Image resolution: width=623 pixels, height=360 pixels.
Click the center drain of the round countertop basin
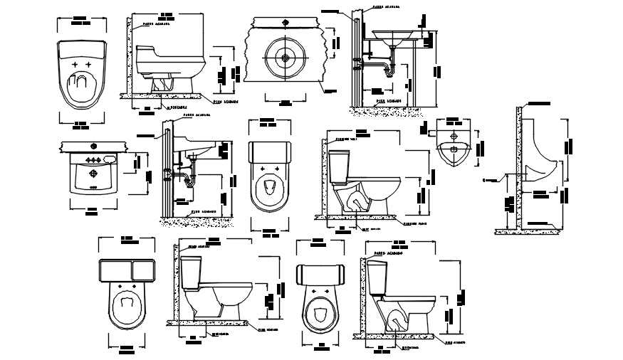tap(285, 57)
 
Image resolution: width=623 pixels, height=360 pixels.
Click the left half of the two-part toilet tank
tap(115, 271)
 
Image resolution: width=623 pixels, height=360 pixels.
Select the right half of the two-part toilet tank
tap(143, 271)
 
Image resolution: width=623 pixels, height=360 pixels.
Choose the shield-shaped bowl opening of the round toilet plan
tap(320, 313)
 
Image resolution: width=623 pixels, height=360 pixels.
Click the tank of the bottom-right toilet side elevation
tap(377, 277)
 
